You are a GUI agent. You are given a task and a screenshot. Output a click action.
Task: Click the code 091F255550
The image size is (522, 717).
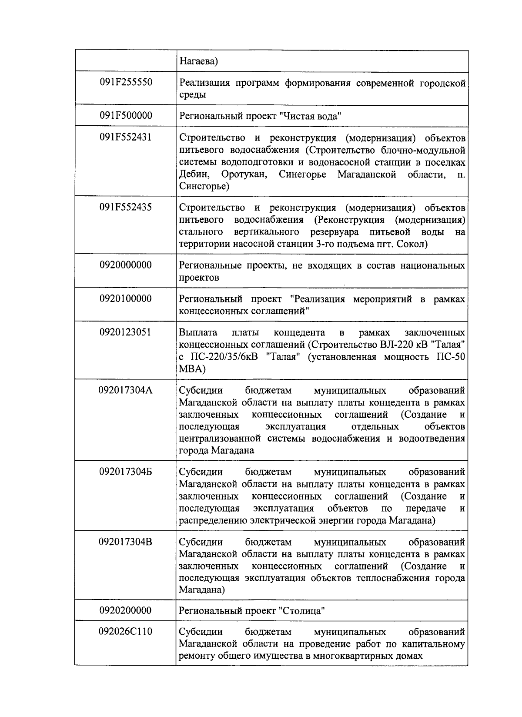(x=126, y=82)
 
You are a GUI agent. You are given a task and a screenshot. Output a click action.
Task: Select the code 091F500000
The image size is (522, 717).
(x=126, y=115)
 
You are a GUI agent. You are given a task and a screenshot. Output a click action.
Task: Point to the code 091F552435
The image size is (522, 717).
(x=126, y=207)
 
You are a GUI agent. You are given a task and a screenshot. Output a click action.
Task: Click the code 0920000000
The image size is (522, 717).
(x=126, y=265)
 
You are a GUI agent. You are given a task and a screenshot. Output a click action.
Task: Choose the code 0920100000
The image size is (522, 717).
(x=126, y=299)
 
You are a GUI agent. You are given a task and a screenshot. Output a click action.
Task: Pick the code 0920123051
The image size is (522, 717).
(x=126, y=332)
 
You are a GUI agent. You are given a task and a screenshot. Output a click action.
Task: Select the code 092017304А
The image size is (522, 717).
(x=126, y=390)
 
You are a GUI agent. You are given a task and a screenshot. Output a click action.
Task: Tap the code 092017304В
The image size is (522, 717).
(x=126, y=542)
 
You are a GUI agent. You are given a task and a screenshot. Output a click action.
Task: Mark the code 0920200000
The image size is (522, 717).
(x=126, y=610)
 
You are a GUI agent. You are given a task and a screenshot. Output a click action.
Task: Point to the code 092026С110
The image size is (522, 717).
(x=126, y=631)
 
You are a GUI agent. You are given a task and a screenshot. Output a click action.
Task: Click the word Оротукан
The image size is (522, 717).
(x=245, y=175)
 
